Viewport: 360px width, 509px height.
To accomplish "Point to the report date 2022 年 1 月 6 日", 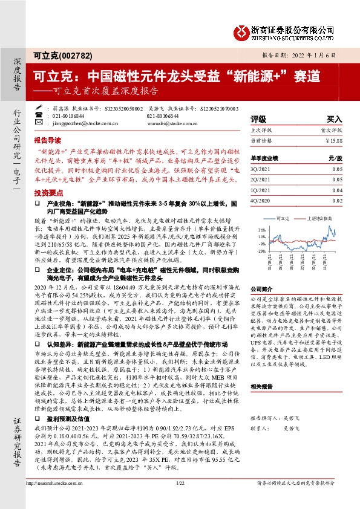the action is click(316, 54).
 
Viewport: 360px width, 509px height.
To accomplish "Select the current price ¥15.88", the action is click(333, 140).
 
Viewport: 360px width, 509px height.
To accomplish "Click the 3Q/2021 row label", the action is click(261, 170).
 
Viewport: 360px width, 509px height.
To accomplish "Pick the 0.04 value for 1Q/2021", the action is click(337, 189).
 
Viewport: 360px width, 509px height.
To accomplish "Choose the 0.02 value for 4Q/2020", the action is click(337, 199).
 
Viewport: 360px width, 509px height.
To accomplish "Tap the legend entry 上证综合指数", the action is click(319, 217).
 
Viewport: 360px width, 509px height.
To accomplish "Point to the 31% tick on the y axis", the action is click(261, 230).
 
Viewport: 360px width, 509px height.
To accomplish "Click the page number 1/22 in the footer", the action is click(180, 499).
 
